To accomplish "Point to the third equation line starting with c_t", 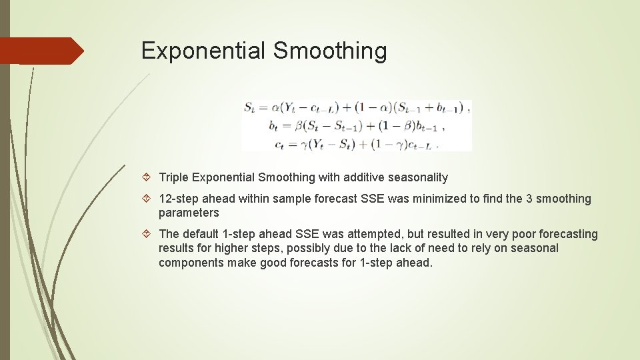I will pyautogui.click(x=355, y=143).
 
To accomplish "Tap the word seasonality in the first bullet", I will pyautogui.click(x=419, y=177).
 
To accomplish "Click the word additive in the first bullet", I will pyautogui.click(x=366, y=177).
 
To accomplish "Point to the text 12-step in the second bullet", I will pyautogui.click(x=178, y=199).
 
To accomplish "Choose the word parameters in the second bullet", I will pyautogui.click(x=189, y=213).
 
